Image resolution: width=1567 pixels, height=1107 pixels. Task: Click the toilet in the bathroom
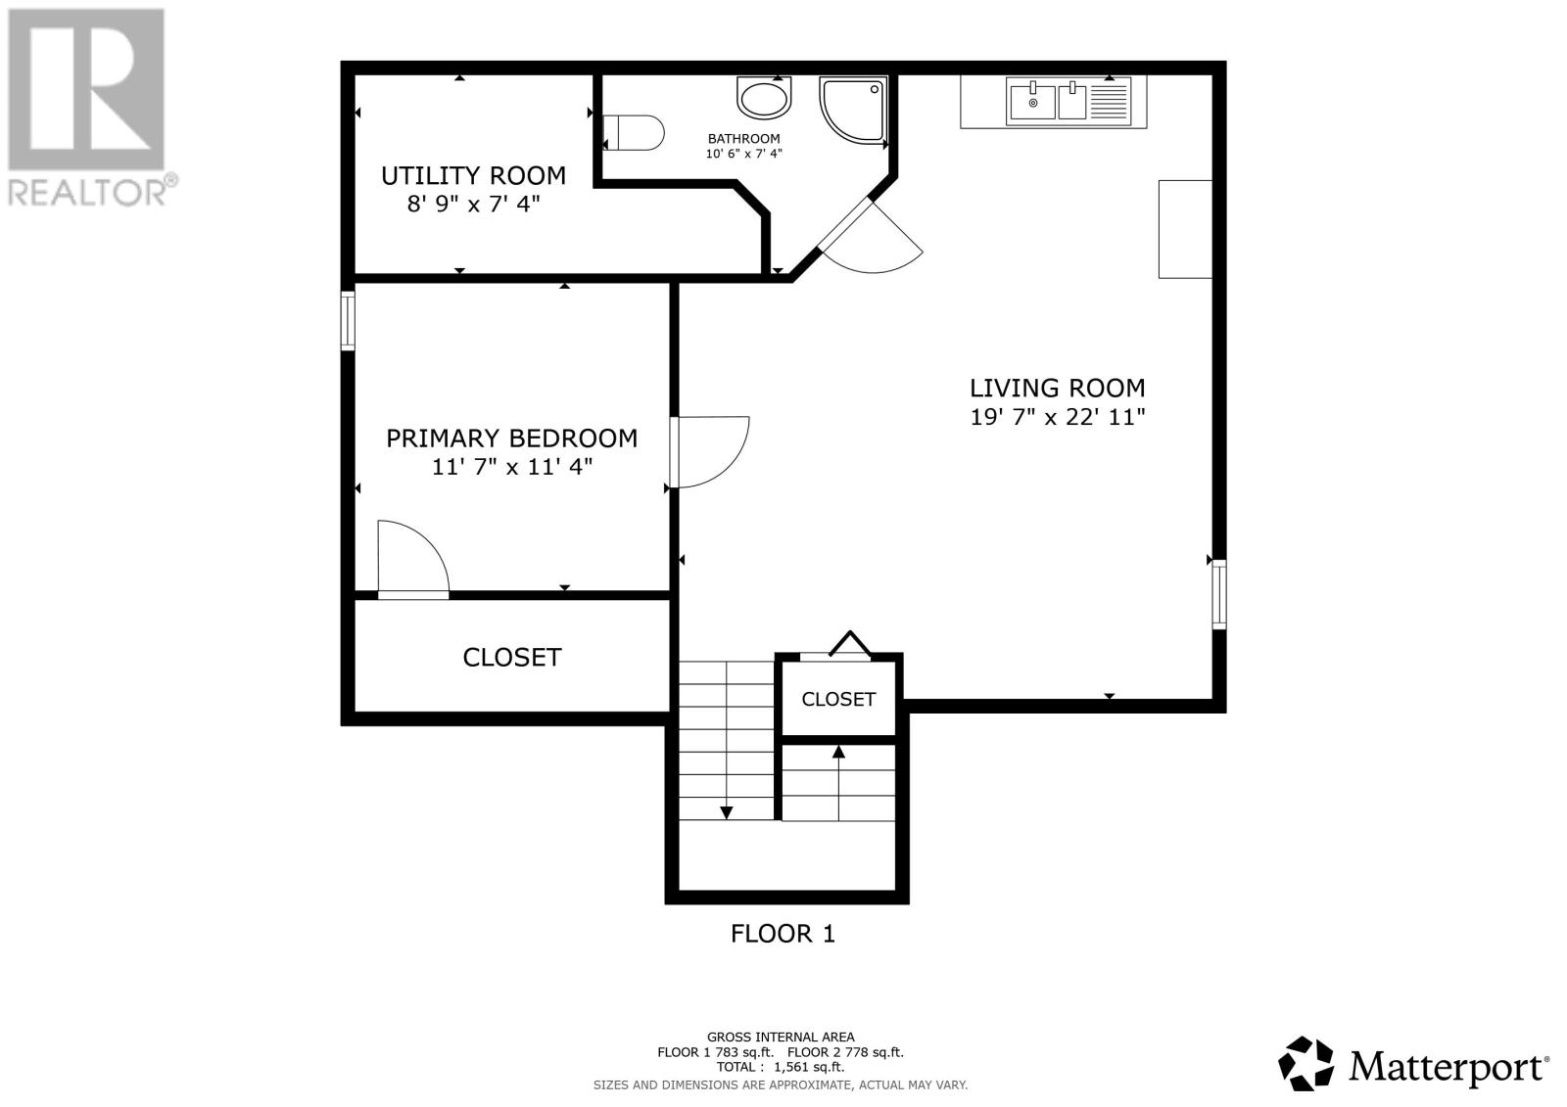coord(633,133)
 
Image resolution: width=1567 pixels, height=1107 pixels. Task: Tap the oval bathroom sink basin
coord(764,98)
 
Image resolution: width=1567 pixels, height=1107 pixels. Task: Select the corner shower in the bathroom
coord(854,111)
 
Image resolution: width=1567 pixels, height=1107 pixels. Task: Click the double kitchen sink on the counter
coord(1068,102)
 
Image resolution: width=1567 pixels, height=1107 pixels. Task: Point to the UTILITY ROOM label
coord(474,175)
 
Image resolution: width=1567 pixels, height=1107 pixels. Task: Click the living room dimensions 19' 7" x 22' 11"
coord(1057,418)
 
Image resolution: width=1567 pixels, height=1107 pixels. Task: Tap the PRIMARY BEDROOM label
coord(512,438)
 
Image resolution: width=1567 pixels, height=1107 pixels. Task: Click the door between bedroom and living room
coord(709,452)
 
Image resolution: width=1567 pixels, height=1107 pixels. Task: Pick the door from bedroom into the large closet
coord(413,560)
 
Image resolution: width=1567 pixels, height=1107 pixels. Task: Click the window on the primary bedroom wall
coord(348,321)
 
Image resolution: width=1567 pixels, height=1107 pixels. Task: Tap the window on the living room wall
coord(1218,594)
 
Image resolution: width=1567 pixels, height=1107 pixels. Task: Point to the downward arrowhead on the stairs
coord(726,812)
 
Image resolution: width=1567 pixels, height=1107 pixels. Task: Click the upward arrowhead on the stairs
coord(838,752)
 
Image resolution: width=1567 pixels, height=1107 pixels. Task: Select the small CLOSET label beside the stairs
coord(838,699)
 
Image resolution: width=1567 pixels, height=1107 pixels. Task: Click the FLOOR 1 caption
coord(783,934)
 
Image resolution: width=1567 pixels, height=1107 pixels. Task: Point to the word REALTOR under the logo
coord(87,193)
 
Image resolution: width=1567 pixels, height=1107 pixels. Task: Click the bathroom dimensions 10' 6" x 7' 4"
coord(743,154)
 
